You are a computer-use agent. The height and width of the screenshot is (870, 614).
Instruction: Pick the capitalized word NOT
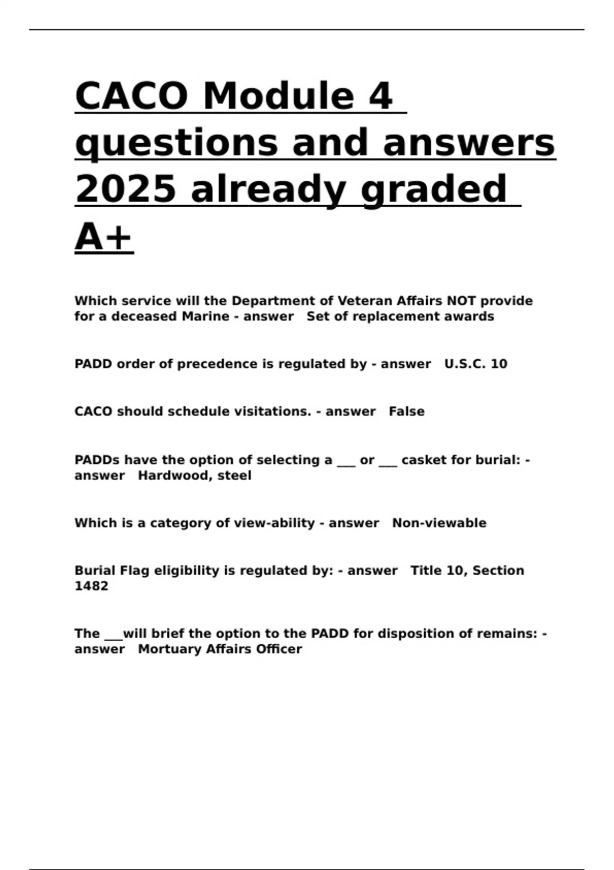coord(461,301)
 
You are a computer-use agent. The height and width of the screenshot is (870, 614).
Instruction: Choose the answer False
coord(407,411)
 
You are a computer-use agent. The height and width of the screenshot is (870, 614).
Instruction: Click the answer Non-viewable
coord(439,523)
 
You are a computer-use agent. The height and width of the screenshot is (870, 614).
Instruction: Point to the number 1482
coord(91,586)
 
